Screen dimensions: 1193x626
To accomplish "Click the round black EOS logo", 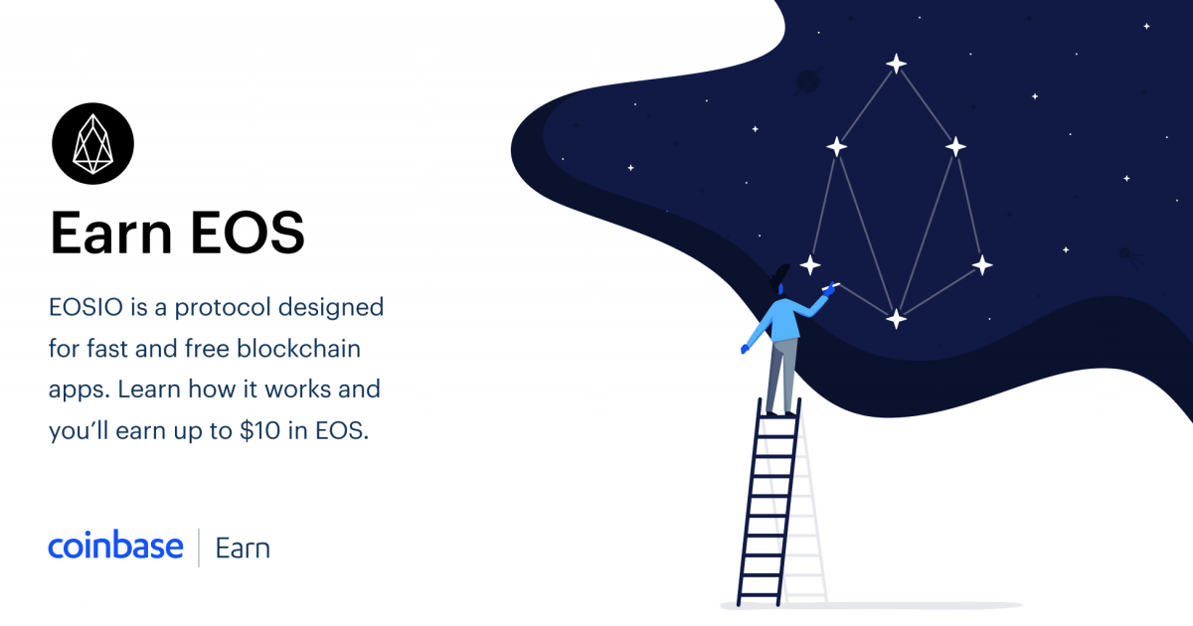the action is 92,144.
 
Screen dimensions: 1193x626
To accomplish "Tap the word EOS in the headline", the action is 248,233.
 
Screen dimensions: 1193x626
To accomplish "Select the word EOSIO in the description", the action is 85,307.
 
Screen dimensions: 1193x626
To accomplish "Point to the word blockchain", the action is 299,349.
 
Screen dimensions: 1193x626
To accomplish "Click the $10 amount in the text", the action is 259,430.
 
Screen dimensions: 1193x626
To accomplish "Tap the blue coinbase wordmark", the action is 115,546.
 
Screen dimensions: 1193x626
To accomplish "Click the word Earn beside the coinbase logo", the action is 243,548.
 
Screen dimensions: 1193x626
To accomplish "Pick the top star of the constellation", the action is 897,64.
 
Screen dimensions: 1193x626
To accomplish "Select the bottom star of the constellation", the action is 897,319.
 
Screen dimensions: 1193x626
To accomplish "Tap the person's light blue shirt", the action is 785,319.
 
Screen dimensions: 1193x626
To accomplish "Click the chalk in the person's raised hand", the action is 831,286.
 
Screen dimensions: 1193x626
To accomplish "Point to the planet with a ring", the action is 808,81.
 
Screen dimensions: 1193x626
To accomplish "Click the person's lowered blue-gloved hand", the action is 745,349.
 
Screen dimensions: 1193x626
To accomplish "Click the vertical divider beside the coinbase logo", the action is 199,548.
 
